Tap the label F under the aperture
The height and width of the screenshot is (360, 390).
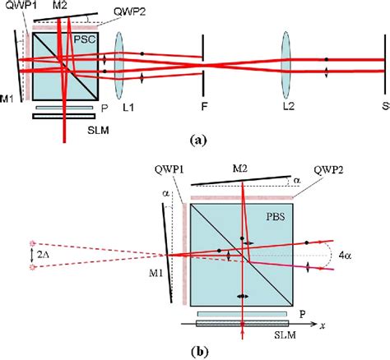tap(203, 106)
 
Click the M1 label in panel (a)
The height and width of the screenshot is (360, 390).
tap(7, 101)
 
